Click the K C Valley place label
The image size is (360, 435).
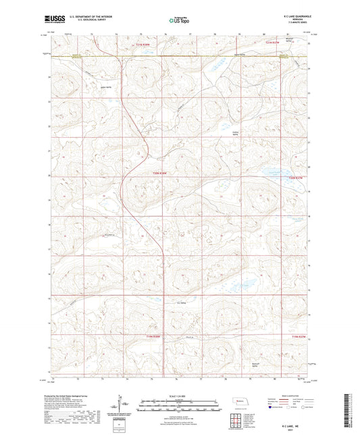click(x=181, y=302)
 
